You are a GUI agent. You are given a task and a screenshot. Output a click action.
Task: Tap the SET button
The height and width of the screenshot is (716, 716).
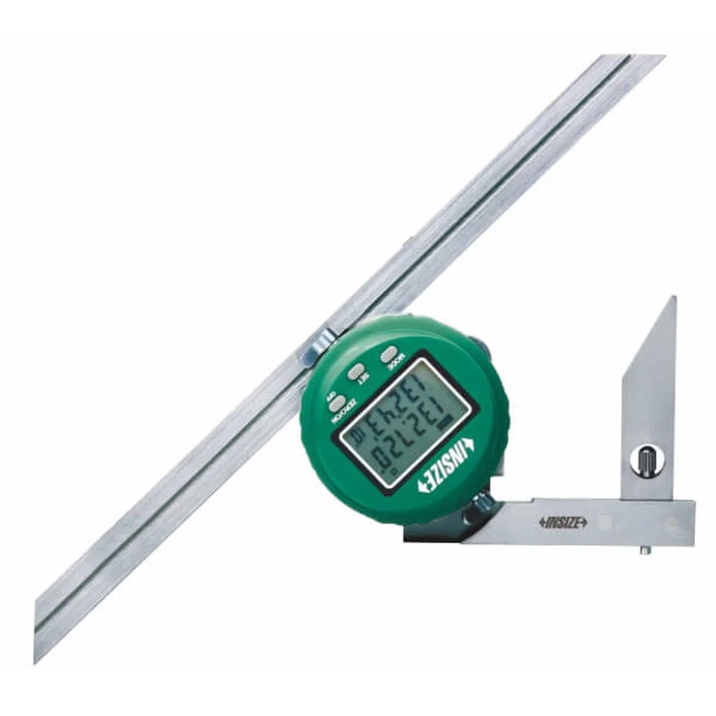coord(357,371)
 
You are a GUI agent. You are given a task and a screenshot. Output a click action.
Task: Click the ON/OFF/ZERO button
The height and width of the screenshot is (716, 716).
coord(338,403)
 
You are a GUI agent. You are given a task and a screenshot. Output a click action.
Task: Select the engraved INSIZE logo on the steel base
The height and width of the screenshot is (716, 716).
coord(563,522)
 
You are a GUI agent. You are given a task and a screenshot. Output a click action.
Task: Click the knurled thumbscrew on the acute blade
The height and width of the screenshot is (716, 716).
coord(647,460)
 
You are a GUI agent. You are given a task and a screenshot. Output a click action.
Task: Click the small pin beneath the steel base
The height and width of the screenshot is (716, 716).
coord(646,550)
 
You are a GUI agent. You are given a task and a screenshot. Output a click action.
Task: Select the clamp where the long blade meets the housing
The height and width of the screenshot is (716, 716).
coord(316,348)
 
